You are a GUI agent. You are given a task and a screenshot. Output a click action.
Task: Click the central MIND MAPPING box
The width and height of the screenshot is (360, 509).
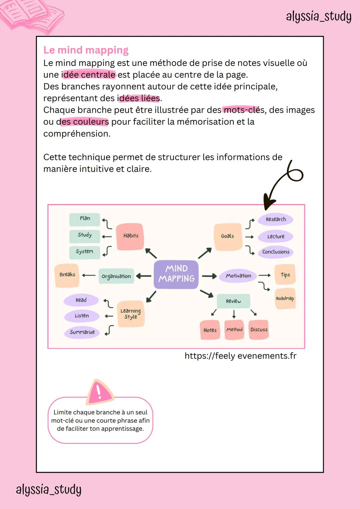pyautogui.click(x=176, y=274)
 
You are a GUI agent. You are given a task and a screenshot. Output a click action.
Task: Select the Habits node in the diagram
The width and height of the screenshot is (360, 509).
pyautogui.click(x=130, y=236)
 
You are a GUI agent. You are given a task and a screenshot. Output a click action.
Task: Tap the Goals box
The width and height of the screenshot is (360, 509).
pyautogui.click(x=228, y=236)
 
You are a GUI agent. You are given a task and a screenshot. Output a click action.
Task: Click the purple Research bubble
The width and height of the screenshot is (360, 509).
pyautogui.click(x=276, y=219)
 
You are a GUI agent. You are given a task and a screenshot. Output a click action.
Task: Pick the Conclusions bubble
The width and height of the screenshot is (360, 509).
pyautogui.click(x=276, y=252)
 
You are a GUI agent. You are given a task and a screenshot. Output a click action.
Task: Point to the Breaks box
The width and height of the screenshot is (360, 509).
pyautogui.click(x=67, y=275)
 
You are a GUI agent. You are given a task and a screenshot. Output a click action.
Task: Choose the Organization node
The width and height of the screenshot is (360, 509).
pyautogui.click(x=116, y=276)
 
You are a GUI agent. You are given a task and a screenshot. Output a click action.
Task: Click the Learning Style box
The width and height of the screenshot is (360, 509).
pyautogui.click(x=131, y=314)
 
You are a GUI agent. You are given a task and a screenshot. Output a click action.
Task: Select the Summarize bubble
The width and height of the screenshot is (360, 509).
pyautogui.click(x=82, y=332)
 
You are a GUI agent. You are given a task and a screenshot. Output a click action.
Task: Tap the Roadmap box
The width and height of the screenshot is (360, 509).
pyautogui.click(x=285, y=299)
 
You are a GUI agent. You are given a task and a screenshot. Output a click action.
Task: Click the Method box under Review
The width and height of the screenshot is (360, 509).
pyautogui.click(x=234, y=330)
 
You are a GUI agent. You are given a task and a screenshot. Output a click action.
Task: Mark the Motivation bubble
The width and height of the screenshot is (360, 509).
pyautogui.click(x=238, y=276)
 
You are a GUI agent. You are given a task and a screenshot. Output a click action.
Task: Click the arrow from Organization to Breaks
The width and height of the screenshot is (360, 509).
pyautogui.click(x=89, y=275)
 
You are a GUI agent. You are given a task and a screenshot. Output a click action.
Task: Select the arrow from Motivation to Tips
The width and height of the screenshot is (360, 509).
pyautogui.click(x=264, y=275)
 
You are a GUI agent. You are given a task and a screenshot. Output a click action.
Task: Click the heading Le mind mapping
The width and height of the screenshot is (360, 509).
pyautogui.click(x=86, y=50)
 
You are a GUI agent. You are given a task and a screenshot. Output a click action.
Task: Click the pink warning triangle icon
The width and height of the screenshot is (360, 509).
pyautogui.click(x=99, y=391)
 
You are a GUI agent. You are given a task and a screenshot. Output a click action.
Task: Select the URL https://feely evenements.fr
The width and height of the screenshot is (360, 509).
pyautogui.click(x=240, y=356)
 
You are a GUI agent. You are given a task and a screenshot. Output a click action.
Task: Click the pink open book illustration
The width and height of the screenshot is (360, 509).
pyautogui.click(x=32, y=15)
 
